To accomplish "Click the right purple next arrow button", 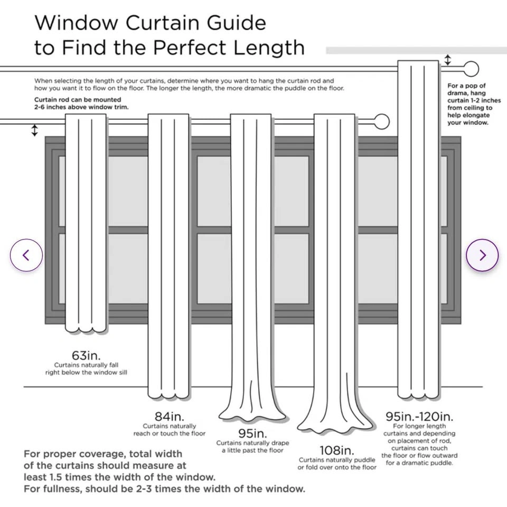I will pyautogui.click(x=482, y=255).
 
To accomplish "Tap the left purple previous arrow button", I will pyautogui.click(x=26, y=255).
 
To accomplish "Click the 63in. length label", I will pyautogui.click(x=86, y=355).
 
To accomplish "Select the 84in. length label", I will pyautogui.click(x=170, y=417).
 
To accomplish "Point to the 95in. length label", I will pyautogui.click(x=252, y=434).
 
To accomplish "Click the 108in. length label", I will pyautogui.click(x=337, y=450).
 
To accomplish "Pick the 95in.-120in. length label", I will pyautogui.click(x=419, y=417).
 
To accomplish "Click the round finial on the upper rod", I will pyautogui.click(x=471, y=69).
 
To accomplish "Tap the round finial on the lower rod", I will pyautogui.click(x=381, y=122).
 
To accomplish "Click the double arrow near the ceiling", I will pyautogui.click(x=448, y=60).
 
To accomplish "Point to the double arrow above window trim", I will pyautogui.click(x=35, y=130).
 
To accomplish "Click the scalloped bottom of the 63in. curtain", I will pyautogui.click(x=86, y=330).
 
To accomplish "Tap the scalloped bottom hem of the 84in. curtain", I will pyautogui.click(x=168, y=395).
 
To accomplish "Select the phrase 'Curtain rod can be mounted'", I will pyautogui.click(x=78, y=99).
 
